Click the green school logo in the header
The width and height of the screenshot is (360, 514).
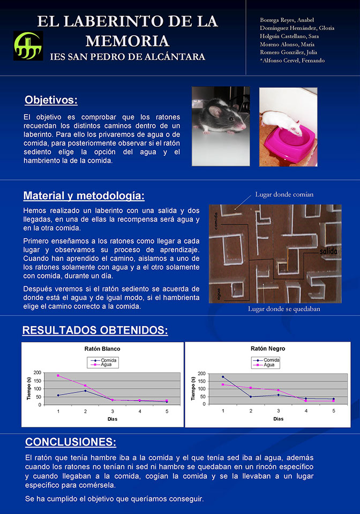[x=28, y=45]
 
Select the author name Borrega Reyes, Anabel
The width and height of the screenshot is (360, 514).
[x=287, y=20]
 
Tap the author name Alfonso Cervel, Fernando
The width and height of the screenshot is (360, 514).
[x=292, y=61]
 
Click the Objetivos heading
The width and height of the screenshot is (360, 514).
[x=51, y=100]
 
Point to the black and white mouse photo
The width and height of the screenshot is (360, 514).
[x=221, y=119]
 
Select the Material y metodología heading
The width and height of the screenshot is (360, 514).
[x=84, y=195]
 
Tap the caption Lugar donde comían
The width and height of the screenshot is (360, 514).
[x=284, y=194]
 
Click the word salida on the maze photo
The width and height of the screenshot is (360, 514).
[x=328, y=251]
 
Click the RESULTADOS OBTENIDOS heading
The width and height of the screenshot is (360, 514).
[x=95, y=330]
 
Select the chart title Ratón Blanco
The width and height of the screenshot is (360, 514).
[x=102, y=349]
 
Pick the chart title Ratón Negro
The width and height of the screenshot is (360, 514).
[x=268, y=349]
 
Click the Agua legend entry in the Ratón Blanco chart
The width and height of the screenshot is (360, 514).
[x=109, y=365]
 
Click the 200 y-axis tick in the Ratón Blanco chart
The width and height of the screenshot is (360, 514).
[x=37, y=373]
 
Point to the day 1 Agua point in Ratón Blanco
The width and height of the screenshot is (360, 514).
[x=58, y=375]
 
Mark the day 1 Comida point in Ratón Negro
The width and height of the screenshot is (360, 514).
[x=223, y=377]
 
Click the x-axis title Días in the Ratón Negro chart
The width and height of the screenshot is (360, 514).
[x=278, y=419]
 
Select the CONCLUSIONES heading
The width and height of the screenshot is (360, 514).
[x=70, y=442]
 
